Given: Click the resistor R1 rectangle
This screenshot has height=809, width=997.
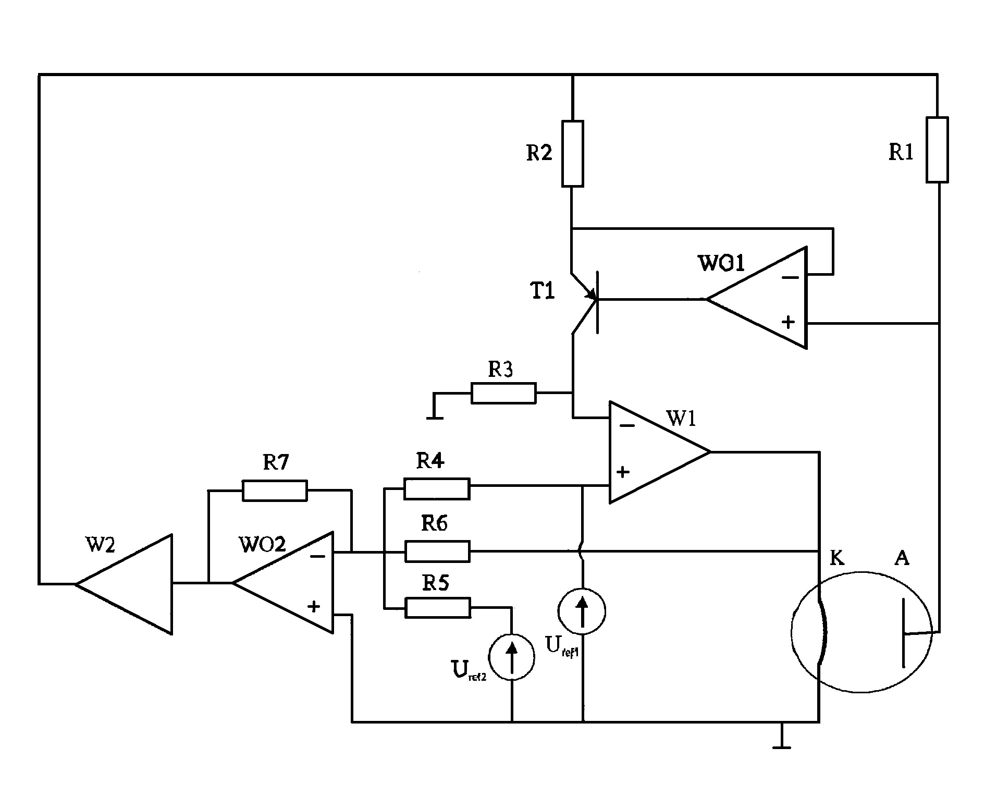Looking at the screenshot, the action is [x=937, y=150].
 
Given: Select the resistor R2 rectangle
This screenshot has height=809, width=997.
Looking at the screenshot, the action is [x=572, y=153].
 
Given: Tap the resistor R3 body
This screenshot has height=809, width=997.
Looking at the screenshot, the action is [x=503, y=393].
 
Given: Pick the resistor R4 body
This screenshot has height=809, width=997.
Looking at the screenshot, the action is [x=437, y=488].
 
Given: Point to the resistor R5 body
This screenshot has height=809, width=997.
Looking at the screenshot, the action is [x=437, y=608].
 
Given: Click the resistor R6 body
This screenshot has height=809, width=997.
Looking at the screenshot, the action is [x=437, y=551].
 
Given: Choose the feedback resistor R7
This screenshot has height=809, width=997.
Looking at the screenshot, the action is [x=275, y=491].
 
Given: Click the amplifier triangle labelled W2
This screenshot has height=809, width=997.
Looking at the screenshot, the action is [x=124, y=584].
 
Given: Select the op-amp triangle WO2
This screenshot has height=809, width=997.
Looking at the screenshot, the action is [x=282, y=583].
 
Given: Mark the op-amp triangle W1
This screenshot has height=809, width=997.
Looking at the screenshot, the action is [x=660, y=452].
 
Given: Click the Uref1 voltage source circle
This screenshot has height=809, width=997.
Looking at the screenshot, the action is [x=582, y=610].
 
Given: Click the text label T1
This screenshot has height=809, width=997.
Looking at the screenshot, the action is [x=543, y=291].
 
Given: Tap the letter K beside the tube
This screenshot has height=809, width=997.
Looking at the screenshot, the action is [x=836, y=559].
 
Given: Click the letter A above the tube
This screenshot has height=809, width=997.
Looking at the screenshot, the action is [x=902, y=558].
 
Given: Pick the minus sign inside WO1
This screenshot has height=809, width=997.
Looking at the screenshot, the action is [x=791, y=277].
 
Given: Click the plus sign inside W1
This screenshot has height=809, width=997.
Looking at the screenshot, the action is [x=623, y=472].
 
